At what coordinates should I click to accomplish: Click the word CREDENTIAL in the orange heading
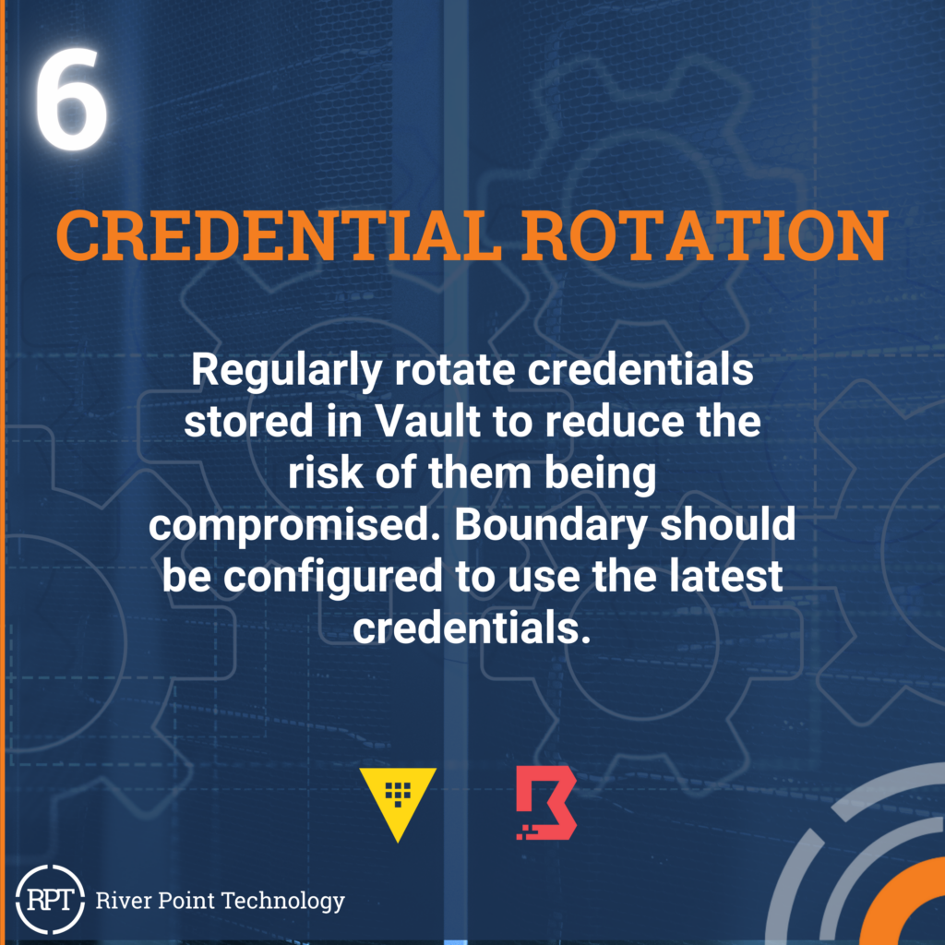click(x=279, y=235)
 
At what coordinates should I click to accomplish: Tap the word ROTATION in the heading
click(x=704, y=235)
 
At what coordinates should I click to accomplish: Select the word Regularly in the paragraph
click(x=286, y=371)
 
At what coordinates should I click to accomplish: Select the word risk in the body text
click(x=326, y=472)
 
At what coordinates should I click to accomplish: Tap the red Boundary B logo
click(x=546, y=803)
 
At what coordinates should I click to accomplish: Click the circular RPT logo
click(x=50, y=899)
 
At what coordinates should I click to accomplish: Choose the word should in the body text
click(x=727, y=524)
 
